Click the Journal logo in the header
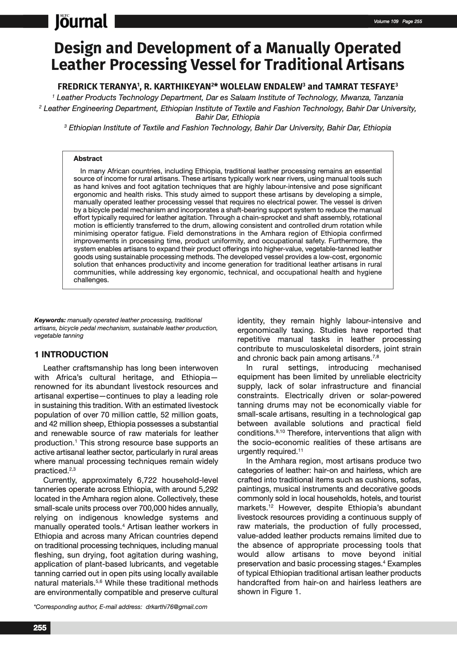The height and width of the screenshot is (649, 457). pos(81,21)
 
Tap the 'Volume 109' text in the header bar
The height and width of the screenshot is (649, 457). pos(386,22)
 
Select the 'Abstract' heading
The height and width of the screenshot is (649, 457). pos(88,159)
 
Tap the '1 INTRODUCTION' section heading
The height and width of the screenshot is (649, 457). pos(71,354)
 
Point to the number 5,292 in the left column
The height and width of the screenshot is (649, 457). pos(205,490)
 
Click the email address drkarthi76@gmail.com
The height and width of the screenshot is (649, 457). pos(176,607)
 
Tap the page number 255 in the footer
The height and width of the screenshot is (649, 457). pos(40,628)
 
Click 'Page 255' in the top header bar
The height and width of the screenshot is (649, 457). pos(412,22)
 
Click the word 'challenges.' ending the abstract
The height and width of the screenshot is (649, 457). pos(91,280)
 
